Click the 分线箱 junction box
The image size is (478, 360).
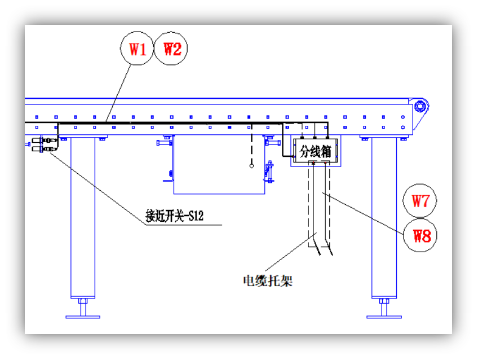[316, 151]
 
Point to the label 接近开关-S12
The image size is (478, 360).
[174, 216]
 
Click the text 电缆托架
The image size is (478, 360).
[268, 281]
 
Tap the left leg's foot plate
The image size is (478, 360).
[83, 317]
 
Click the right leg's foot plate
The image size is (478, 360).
[384, 317]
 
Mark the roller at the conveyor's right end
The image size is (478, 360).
[420, 107]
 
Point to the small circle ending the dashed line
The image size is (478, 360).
[251, 166]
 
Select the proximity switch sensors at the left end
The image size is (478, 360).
[44, 144]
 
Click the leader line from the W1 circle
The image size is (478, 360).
[118, 93]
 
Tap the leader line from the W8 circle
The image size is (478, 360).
[363, 213]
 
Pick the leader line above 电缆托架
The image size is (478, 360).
[291, 252]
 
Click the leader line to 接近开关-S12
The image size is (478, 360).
[98, 188]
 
